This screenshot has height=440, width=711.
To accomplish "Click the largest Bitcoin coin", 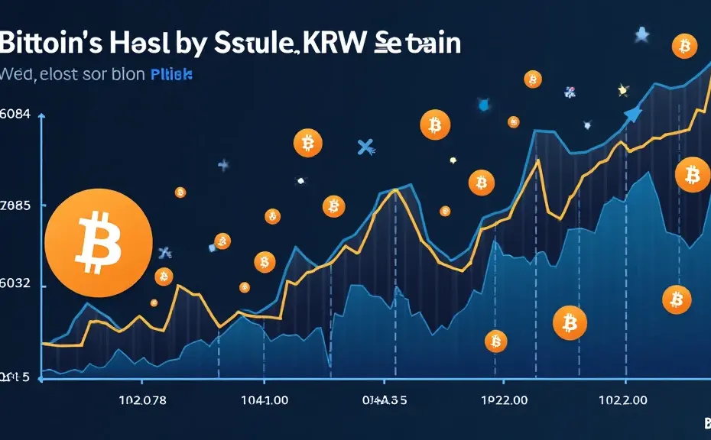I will click(x=98, y=243).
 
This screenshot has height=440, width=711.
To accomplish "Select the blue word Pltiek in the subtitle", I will click(x=171, y=76).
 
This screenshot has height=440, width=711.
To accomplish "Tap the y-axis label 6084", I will click(x=15, y=115).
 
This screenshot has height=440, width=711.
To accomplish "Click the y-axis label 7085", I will click(x=15, y=205).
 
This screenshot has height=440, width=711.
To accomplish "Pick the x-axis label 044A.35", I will click(x=385, y=400).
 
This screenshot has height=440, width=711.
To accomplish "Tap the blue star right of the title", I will click(x=641, y=35).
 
